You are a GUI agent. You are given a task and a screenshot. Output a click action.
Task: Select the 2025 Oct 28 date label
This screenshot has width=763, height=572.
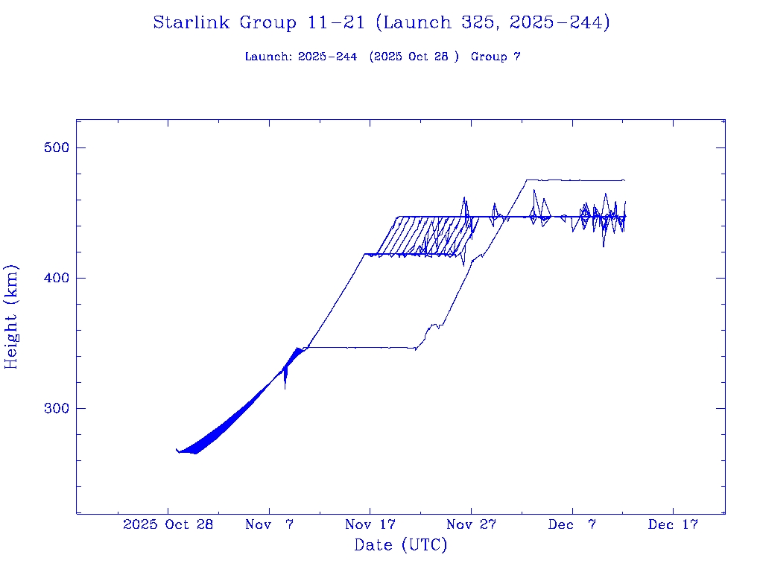pos(168,524)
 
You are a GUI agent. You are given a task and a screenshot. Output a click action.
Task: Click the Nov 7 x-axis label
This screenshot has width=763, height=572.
pos(270,524)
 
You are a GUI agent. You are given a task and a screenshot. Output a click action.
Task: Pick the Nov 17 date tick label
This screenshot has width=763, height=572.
pos(370,524)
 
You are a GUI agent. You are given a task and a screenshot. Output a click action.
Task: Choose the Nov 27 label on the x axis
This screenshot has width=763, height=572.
pos(471,524)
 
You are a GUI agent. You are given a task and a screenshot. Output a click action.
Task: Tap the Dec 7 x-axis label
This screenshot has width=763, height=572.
pos(572,524)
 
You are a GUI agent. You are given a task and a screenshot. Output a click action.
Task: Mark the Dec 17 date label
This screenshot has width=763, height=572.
pos(673,524)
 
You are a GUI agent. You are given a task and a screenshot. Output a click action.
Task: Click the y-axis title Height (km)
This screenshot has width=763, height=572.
pos(11,317)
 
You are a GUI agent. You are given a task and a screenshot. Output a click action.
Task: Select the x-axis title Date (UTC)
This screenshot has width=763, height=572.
pos(401,545)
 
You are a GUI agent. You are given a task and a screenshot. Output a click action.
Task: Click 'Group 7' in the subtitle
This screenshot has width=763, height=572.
pos(496,57)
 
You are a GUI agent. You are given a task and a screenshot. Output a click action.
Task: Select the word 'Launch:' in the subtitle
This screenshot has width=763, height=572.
pos(268,57)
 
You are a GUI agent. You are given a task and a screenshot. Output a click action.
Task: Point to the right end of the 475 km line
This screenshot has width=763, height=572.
pos(624,180)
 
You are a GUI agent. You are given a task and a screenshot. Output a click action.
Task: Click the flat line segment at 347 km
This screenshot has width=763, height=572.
pos(358,347)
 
